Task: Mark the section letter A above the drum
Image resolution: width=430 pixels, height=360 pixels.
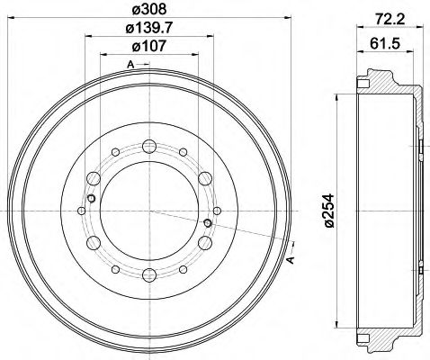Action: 130,64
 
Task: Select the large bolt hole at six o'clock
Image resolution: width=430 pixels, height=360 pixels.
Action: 149,274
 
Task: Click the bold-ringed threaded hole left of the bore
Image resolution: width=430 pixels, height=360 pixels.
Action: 92,198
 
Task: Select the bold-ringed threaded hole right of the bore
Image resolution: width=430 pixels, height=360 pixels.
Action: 208,221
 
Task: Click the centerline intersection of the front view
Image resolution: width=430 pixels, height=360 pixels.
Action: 149,210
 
